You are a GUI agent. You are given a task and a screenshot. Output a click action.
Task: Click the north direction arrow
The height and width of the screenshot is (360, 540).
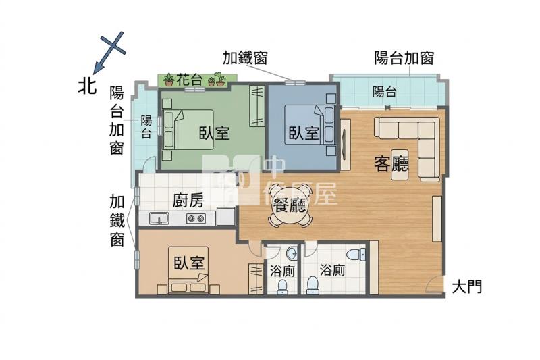(109, 53)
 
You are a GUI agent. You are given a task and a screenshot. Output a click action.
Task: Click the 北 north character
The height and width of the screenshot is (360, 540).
(86, 85)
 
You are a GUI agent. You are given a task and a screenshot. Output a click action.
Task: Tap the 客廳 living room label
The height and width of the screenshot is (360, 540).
(391, 164)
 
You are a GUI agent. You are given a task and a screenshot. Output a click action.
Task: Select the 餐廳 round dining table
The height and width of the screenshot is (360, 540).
(290, 206)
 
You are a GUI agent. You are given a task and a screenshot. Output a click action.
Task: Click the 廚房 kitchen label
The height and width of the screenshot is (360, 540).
(188, 200)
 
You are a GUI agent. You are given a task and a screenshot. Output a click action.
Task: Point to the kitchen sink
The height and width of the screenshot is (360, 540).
(159, 218)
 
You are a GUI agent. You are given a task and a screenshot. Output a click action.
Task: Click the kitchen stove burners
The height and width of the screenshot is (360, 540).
(196, 218)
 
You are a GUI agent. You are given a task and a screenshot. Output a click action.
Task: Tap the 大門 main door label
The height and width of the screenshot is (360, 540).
(466, 286)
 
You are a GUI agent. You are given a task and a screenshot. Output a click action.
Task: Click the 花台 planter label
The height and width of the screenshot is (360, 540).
(189, 80)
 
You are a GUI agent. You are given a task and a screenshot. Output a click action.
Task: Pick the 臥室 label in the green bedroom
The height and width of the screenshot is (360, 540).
(214, 133)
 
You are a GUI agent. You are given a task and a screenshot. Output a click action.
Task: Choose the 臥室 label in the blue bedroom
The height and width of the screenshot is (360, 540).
(303, 133)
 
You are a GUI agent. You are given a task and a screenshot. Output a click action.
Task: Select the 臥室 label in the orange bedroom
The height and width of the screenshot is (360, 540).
(189, 263)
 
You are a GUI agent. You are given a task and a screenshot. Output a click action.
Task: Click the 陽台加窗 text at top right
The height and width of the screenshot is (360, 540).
(404, 58)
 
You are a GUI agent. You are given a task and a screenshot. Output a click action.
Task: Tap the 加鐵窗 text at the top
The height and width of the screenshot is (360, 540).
(245, 58)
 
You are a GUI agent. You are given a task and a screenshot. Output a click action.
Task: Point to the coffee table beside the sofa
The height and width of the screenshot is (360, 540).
(400, 164)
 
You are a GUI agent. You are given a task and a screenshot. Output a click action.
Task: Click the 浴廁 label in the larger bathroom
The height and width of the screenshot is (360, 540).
(332, 270)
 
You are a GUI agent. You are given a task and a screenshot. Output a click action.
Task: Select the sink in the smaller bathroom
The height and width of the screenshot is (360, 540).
(292, 253)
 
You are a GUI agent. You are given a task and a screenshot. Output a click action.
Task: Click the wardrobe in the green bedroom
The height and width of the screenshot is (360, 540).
(257, 106)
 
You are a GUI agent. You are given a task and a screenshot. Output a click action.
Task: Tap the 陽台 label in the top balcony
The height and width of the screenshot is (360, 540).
(384, 92)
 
